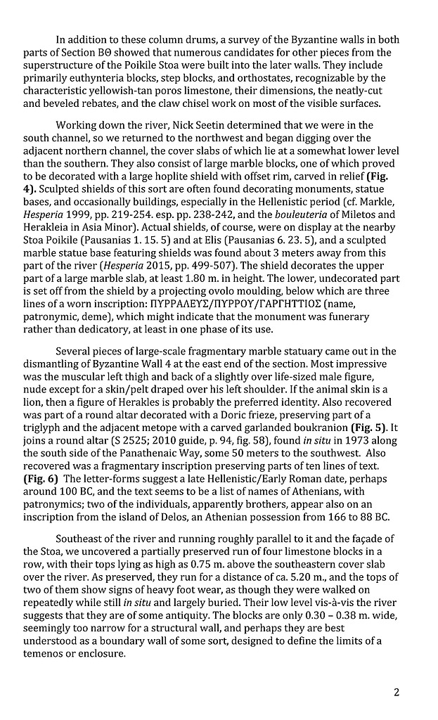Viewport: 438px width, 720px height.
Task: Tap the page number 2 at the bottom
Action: click(397, 692)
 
